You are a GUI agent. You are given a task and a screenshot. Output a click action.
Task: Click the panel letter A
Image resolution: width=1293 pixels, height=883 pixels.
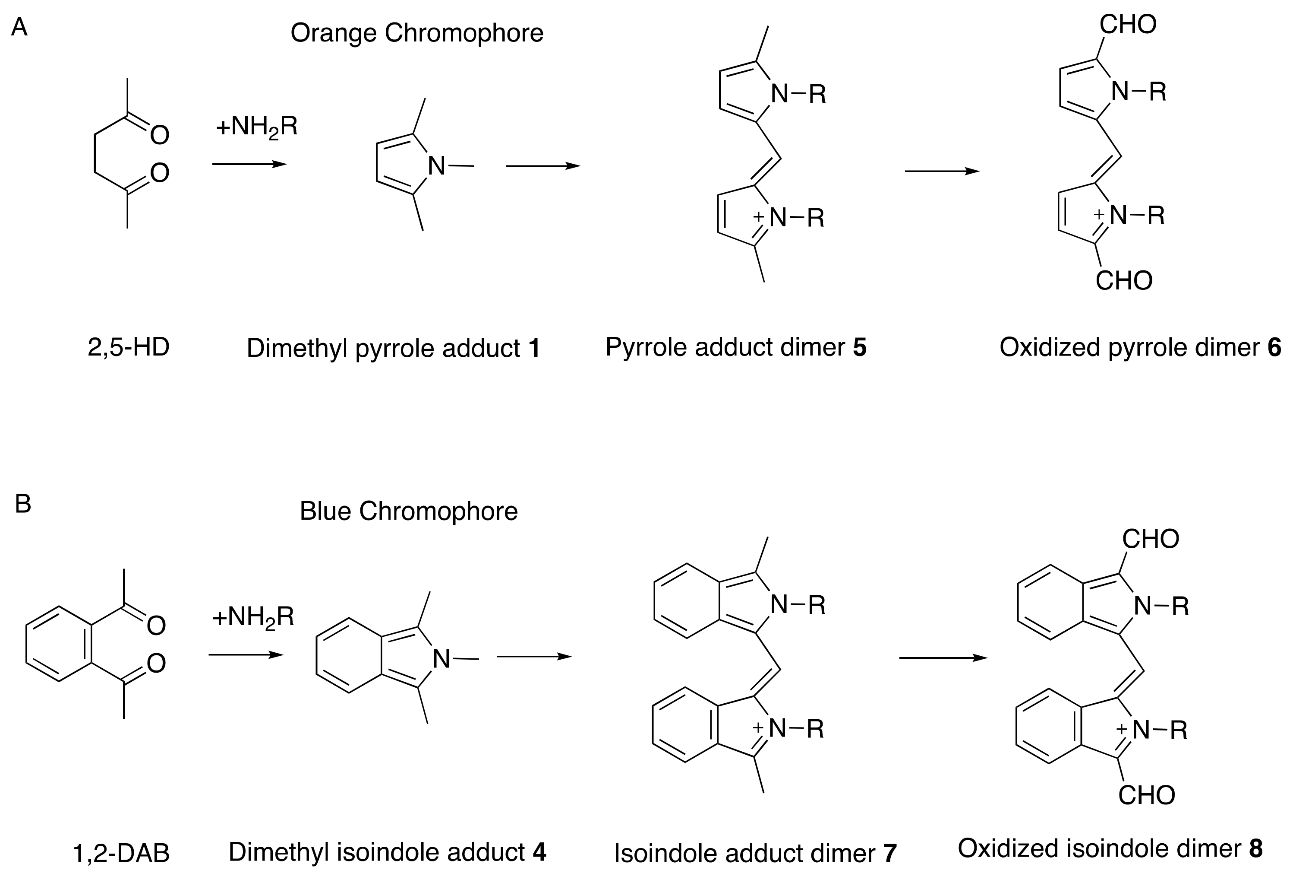[19, 27]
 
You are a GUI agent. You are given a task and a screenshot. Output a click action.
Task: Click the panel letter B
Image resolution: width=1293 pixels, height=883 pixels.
[23, 504]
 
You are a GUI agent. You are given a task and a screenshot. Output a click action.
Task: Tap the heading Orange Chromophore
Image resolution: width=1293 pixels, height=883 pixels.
[417, 33]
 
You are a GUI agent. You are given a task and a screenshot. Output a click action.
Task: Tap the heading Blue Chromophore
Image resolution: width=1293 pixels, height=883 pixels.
[408, 511]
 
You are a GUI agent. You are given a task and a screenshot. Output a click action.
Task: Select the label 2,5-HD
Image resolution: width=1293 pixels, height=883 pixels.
[129, 347]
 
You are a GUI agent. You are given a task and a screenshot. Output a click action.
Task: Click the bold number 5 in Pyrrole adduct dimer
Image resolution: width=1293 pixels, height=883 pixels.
[860, 347]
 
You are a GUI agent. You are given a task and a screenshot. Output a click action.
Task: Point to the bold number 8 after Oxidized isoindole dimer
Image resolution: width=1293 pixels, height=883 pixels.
[1256, 848]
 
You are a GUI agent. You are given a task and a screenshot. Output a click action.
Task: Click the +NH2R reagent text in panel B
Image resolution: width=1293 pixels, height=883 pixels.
[253, 617]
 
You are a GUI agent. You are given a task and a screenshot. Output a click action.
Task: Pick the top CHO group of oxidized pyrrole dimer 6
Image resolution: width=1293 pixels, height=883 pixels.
[1128, 25]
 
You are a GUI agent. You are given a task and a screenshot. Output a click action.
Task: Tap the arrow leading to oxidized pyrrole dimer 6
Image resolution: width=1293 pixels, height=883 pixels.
[942, 171]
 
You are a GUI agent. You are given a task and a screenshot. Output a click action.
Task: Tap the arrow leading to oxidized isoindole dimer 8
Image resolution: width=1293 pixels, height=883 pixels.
[943, 658]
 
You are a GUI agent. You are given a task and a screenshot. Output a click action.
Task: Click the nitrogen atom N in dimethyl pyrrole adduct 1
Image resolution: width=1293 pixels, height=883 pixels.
[437, 166]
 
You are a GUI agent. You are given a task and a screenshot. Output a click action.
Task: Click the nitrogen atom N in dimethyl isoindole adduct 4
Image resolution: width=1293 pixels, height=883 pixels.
[441, 659]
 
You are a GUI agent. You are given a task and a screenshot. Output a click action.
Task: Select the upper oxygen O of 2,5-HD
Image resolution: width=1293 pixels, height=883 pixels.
[160, 135]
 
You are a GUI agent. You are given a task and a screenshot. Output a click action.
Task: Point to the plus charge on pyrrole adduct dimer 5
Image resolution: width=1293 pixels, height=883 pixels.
[758, 216]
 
